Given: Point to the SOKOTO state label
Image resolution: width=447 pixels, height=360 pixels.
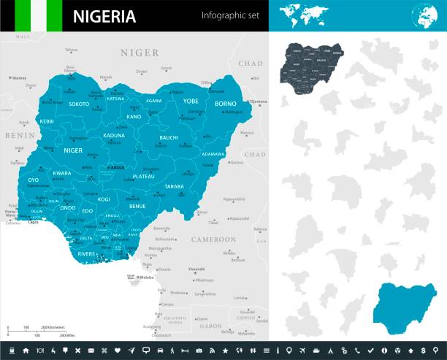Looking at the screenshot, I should tap(79, 104).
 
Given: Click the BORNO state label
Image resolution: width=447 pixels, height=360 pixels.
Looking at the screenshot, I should tap(225, 104).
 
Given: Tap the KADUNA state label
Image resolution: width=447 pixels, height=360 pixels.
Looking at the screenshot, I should tap(114, 136).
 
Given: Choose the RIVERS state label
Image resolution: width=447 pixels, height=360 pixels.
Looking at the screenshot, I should tap(87, 254).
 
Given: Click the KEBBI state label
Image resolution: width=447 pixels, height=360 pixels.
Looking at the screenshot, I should tap(47, 121).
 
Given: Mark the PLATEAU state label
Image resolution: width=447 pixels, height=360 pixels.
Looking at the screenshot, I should tap(143, 176).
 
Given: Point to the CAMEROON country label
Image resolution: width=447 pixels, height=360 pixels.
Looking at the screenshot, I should tap(213, 240).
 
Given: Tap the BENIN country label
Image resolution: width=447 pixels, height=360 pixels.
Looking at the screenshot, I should tap(14, 136).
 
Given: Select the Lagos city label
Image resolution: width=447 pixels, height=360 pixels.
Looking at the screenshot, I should tap(32, 221).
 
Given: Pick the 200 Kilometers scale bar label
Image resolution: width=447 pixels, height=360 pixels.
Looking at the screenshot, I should tap(53, 327).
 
